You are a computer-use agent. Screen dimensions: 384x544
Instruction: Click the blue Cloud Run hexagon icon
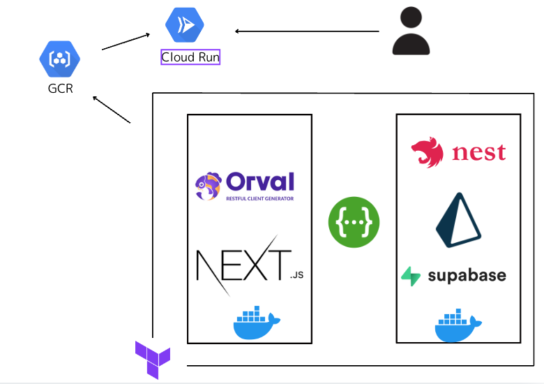(185, 25)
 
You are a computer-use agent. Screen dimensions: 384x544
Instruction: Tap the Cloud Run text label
(190, 57)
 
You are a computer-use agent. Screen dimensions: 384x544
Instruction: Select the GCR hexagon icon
(60, 59)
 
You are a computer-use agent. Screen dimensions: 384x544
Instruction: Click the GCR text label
(60, 89)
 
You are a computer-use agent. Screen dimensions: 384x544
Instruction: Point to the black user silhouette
(411, 31)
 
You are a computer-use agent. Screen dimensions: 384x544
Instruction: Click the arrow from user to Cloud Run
(307, 31)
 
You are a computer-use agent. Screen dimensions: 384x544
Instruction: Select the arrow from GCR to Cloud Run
(126, 41)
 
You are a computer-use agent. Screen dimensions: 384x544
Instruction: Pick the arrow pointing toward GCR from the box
(112, 110)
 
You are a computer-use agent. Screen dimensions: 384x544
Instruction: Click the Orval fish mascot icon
(209, 186)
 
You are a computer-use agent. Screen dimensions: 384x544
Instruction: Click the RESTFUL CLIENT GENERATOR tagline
(259, 199)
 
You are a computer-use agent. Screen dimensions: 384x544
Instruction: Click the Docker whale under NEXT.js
(255, 323)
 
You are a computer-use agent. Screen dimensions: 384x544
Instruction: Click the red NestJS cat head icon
(428, 153)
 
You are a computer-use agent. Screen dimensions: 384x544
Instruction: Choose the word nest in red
(478, 152)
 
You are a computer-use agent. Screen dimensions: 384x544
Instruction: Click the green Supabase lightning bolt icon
(411, 276)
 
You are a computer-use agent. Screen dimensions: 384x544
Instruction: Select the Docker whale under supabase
(458, 323)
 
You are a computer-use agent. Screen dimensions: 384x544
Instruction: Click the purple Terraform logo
(153, 358)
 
